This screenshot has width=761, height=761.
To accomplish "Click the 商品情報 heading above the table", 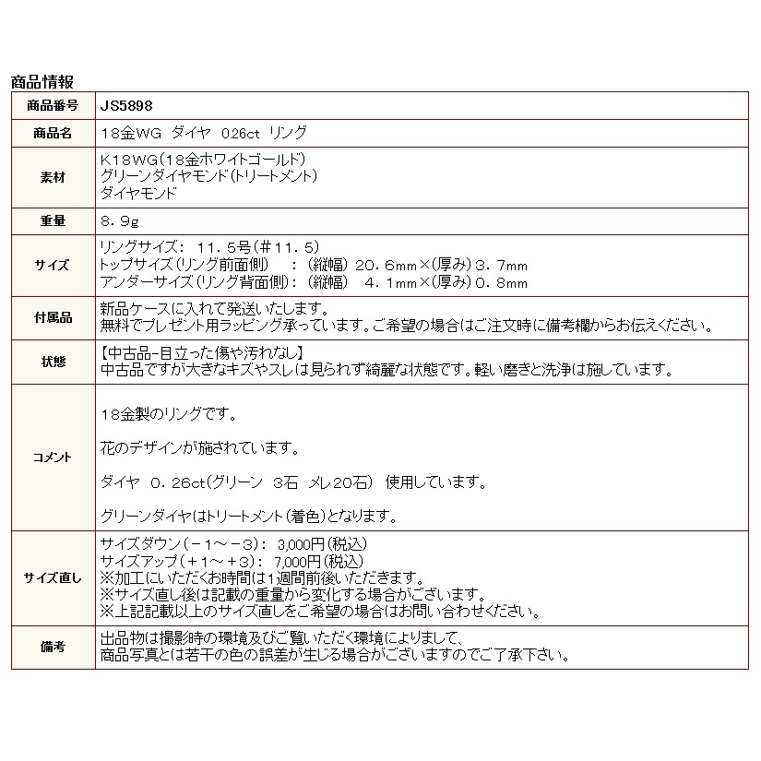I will (x=42, y=82).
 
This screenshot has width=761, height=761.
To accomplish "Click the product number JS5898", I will (x=121, y=105).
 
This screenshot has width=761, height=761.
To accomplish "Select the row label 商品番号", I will (x=53, y=105).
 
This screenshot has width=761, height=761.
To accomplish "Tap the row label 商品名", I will (x=53, y=133).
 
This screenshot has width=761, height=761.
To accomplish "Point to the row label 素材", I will (x=53, y=176).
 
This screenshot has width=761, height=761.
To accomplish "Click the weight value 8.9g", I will (x=120, y=221).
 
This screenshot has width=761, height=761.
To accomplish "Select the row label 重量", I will (x=53, y=221).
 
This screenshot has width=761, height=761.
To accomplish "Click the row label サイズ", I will (x=53, y=265).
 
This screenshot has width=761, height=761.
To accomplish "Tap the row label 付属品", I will (x=53, y=316).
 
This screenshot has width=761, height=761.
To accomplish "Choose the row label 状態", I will (x=53, y=362).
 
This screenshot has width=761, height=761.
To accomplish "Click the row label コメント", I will (x=53, y=457).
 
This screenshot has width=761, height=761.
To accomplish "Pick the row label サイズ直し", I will (x=53, y=577).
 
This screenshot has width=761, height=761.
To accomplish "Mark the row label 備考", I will (x=53, y=647).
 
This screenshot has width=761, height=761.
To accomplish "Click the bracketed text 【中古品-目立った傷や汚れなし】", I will (x=201, y=353).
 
